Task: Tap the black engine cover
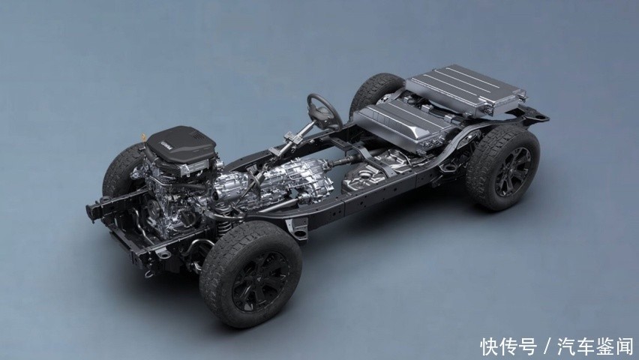coord(181,146)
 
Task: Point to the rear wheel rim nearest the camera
coord(513,172)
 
